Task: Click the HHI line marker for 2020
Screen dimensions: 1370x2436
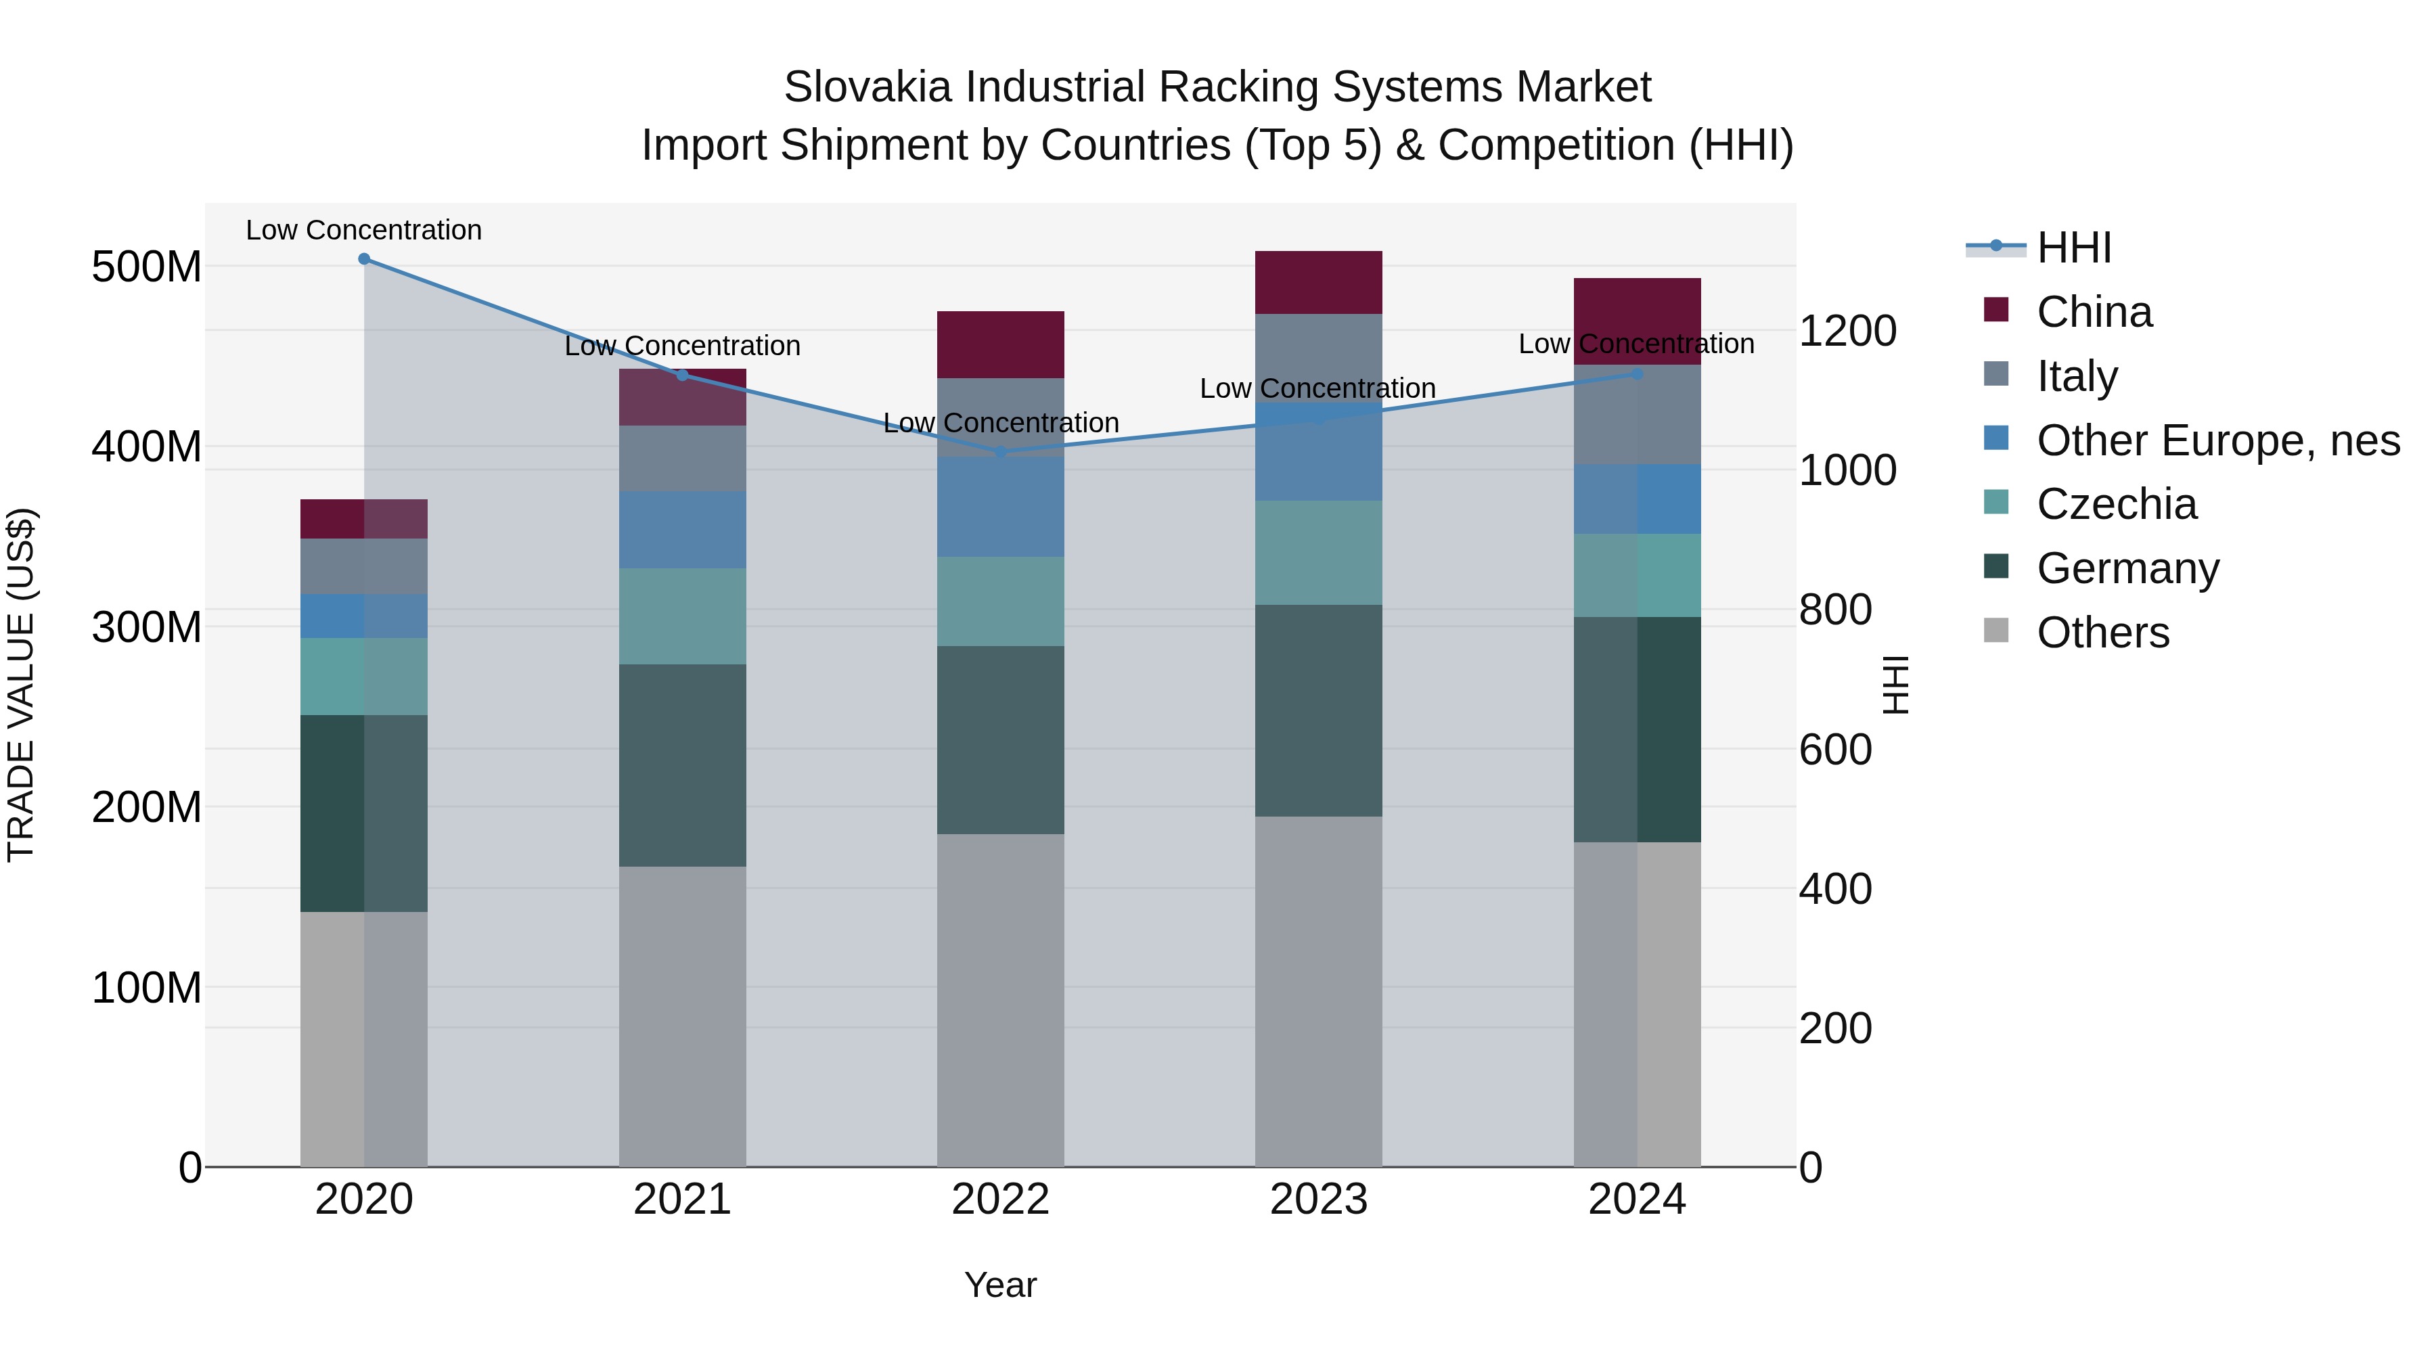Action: click(364, 259)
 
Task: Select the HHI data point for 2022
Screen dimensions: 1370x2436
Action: click(1001, 453)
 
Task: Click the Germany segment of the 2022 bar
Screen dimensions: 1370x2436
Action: click(1001, 740)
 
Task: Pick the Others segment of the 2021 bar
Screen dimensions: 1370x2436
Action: click(682, 1016)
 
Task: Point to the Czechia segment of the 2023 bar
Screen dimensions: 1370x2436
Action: click(1318, 553)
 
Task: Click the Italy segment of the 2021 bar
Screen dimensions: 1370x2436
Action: click(682, 459)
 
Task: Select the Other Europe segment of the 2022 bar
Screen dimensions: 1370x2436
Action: click(1001, 507)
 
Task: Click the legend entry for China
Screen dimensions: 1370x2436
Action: click(2094, 312)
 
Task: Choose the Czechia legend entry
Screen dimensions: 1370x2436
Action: click(2117, 504)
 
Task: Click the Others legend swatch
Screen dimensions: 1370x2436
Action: click(1995, 631)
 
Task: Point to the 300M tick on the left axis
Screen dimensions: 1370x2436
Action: click(147, 627)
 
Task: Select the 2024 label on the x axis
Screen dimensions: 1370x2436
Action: click(1637, 1200)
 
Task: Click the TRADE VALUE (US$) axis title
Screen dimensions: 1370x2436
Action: click(21, 685)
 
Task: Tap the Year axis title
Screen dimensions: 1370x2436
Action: click(1001, 1285)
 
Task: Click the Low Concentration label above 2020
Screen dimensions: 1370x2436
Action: click(364, 230)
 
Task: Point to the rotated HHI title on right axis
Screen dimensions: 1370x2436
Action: click(1896, 685)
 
